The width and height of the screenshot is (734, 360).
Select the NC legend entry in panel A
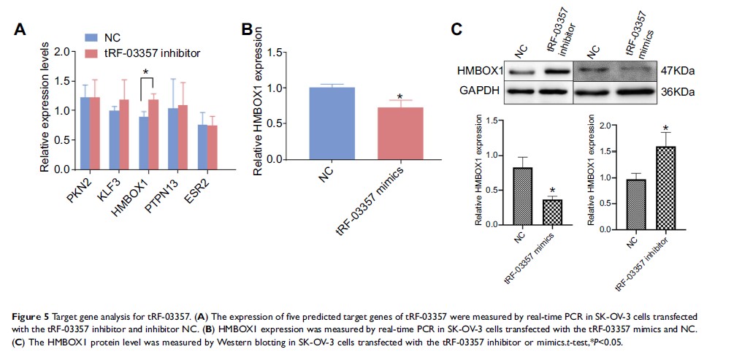[109, 37]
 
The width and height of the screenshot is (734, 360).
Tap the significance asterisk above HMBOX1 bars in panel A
[146, 72]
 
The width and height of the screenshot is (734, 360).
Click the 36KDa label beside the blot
[676, 92]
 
